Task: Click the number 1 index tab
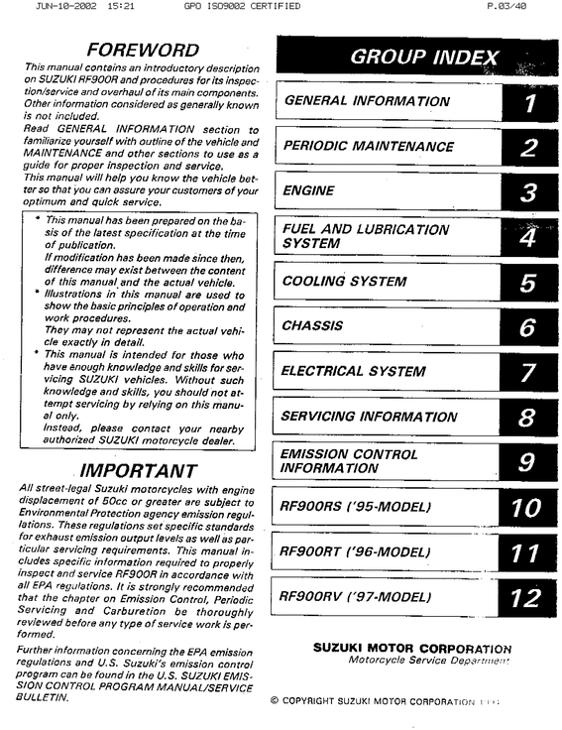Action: coord(529,101)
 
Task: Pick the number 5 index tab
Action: coord(529,282)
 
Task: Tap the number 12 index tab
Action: coord(525,597)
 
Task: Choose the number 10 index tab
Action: coord(525,508)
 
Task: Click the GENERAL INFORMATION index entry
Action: coord(367,101)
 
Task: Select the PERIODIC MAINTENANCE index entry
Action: coord(369,146)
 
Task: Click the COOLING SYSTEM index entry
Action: coord(344,282)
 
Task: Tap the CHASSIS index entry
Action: coord(312,325)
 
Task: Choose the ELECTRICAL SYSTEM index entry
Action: coord(354,372)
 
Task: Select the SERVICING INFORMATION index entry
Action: coord(370,417)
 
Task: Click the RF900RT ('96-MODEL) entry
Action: coord(357,551)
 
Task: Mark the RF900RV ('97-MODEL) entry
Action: coord(357,597)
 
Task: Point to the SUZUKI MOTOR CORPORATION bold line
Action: coord(412,647)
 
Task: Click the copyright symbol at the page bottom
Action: coord(275,701)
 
